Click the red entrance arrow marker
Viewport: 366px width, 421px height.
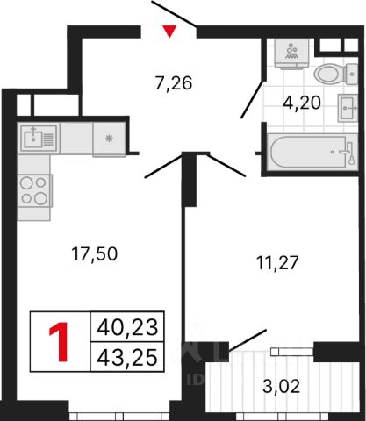coord(169,32)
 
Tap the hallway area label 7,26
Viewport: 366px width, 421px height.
coord(174,83)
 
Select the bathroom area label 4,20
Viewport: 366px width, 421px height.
coord(302,103)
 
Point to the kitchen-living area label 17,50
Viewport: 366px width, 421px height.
coord(95,253)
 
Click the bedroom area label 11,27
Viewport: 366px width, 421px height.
coord(277,262)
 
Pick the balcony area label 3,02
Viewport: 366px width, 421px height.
coord(281,387)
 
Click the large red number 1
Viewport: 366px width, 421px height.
coord(59,341)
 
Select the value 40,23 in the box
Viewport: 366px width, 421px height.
coord(127,327)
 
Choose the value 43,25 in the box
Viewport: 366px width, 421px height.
coord(127,358)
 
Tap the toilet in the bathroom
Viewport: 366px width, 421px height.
coord(335,74)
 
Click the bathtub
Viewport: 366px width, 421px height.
coord(313,152)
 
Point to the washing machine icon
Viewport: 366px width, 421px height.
coord(291,54)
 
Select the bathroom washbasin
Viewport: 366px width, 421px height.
coord(348,108)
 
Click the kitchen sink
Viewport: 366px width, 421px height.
coord(39,139)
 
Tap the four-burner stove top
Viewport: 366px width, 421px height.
coord(34,190)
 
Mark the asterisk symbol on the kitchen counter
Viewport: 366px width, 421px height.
coord(110,139)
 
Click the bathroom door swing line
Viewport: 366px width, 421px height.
coord(252,99)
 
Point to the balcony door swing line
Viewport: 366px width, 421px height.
coord(248,339)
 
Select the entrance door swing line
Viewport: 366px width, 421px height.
coord(174,13)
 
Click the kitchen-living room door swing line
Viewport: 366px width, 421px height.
coord(164,166)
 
